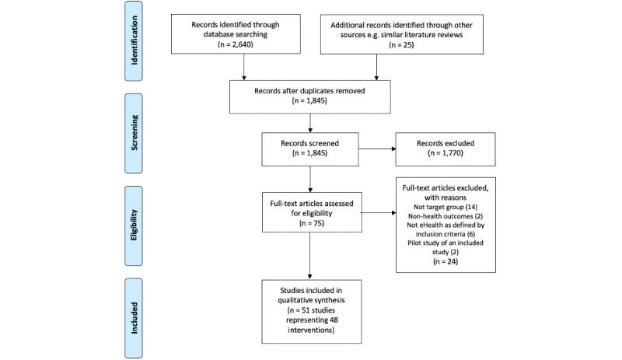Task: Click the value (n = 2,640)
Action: coord(245,46)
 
